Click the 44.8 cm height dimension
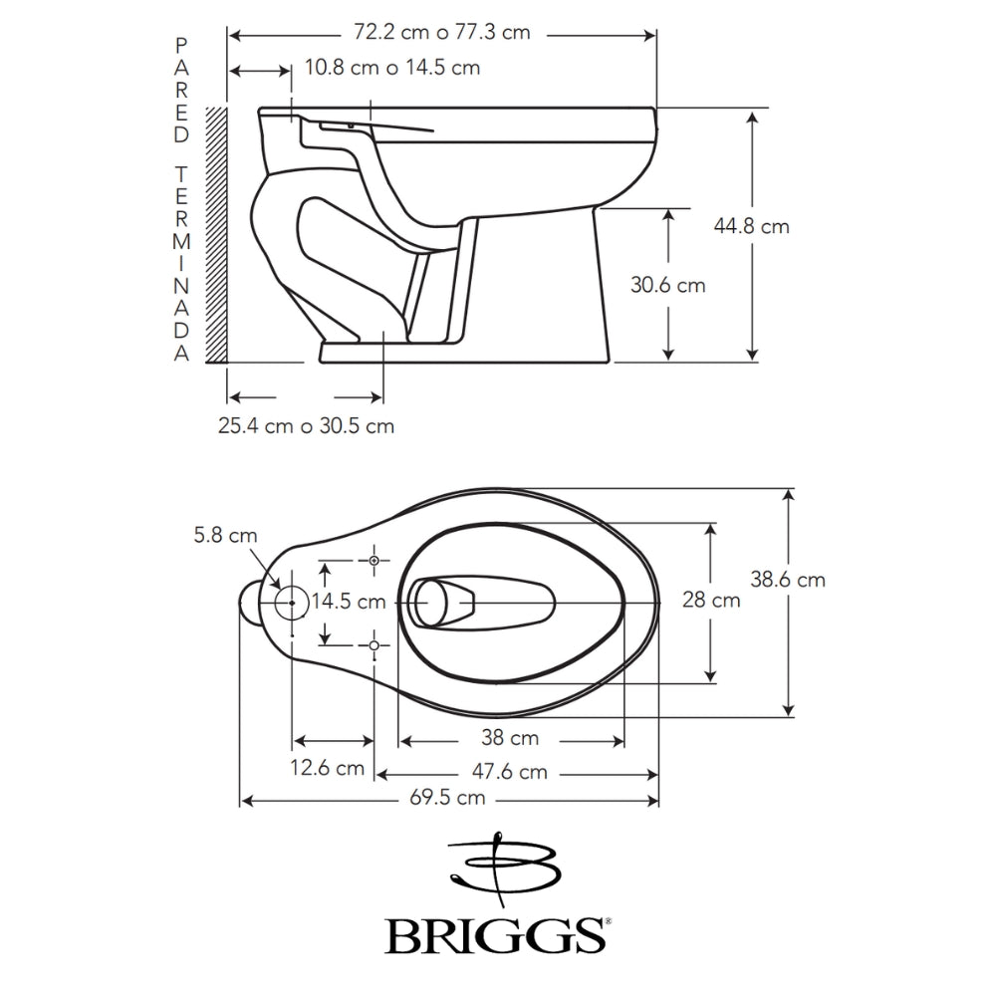[x=751, y=226]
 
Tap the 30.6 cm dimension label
[x=667, y=285]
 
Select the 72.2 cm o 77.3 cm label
[x=441, y=32]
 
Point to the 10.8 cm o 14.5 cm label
[x=391, y=68]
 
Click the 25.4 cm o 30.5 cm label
[x=306, y=425]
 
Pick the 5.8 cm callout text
[x=225, y=536]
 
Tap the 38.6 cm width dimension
[x=788, y=580]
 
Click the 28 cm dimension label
[x=711, y=600]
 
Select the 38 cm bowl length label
[x=510, y=737]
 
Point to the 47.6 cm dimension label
[x=509, y=772]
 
